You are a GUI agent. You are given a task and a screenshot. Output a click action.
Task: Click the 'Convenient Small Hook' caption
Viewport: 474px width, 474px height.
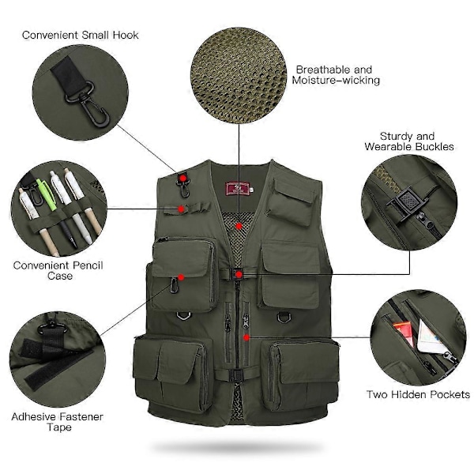[x=80, y=35]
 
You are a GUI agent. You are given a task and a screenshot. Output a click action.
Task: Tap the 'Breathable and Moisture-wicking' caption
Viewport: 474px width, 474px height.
[x=336, y=75]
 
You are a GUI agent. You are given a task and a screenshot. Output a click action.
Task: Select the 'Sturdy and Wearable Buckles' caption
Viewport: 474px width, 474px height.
[x=409, y=141]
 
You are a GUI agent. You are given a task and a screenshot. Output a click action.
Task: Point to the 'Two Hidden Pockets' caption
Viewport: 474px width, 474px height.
[x=418, y=394]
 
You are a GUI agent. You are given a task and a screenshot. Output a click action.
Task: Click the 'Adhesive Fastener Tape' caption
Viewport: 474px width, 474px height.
[x=58, y=422]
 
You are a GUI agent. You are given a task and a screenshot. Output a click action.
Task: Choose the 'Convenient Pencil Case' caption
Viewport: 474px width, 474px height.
[x=58, y=270]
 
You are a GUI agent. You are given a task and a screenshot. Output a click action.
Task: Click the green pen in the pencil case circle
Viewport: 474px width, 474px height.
[x=47, y=194]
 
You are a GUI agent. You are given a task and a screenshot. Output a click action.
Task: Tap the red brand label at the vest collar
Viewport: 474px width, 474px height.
[x=238, y=189]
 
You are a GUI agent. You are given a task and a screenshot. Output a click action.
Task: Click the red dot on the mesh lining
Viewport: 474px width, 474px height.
[x=239, y=226]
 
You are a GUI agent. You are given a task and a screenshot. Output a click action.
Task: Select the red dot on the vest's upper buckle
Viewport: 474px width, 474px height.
[x=239, y=274]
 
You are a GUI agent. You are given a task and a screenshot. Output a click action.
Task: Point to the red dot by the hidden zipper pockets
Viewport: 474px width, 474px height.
[x=246, y=337]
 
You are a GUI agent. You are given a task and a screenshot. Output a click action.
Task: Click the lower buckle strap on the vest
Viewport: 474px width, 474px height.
[x=236, y=374]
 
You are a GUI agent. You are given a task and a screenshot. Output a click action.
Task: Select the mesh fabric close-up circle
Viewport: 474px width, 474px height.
[x=239, y=75]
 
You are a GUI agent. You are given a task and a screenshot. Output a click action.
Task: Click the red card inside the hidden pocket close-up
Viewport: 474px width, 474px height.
[x=404, y=333]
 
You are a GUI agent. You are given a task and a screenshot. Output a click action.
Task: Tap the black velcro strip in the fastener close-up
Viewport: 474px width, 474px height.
[x=58, y=370]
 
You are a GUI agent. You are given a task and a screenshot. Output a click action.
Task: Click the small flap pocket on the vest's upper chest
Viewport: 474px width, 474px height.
[x=290, y=201]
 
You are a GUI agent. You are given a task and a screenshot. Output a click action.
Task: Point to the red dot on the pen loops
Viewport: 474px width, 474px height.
[x=181, y=209]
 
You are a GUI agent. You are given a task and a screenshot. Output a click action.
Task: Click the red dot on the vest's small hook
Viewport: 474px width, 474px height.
[x=182, y=179]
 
